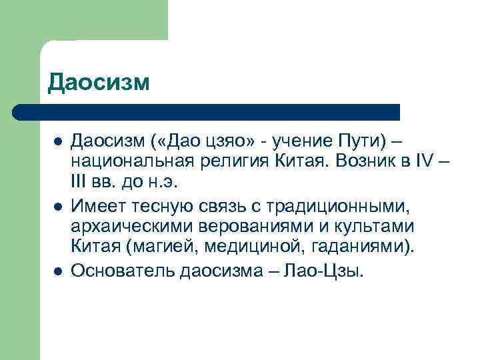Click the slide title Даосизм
click(x=99, y=83)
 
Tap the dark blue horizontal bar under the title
click(x=207, y=111)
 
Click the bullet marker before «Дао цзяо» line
click(x=58, y=142)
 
